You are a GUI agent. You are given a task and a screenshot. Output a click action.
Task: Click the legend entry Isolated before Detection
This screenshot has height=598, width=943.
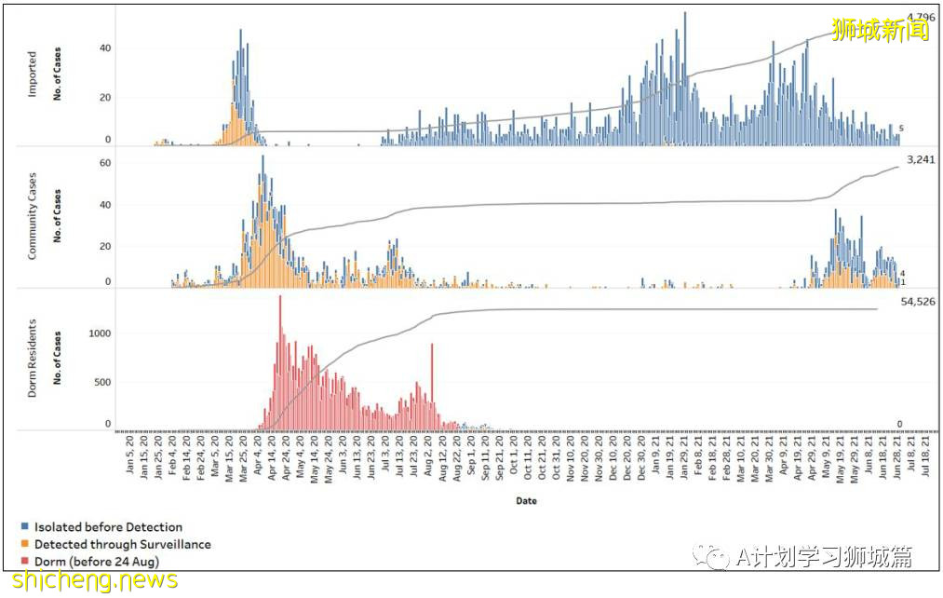pyautogui.click(x=108, y=527)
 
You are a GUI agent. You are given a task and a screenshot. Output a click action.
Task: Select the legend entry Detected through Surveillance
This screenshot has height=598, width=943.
pyautogui.click(x=122, y=544)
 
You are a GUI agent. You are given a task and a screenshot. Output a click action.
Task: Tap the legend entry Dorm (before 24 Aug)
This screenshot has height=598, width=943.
pyautogui.click(x=96, y=561)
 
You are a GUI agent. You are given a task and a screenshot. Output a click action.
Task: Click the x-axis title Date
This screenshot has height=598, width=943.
pyautogui.click(x=526, y=501)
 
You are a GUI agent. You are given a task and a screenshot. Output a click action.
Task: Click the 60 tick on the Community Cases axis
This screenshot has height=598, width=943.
pyautogui.click(x=105, y=163)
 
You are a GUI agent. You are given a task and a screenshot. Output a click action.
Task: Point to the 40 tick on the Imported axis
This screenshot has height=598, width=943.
pyautogui.click(x=105, y=48)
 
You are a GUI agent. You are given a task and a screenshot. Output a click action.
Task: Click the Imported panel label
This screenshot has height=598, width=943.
pyautogui.click(x=33, y=75)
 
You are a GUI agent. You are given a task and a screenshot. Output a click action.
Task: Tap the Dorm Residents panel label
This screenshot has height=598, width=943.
pyautogui.click(x=33, y=360)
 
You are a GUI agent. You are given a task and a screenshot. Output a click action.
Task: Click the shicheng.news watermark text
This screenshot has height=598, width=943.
pyautogui.click(x=89, y=580)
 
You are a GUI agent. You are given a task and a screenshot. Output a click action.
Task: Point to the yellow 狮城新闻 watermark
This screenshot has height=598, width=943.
pyautogui.click(x=880, y=30)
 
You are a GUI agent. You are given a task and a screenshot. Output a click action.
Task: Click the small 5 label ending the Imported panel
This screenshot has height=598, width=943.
pyautogui.click(x=902, y=129)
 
